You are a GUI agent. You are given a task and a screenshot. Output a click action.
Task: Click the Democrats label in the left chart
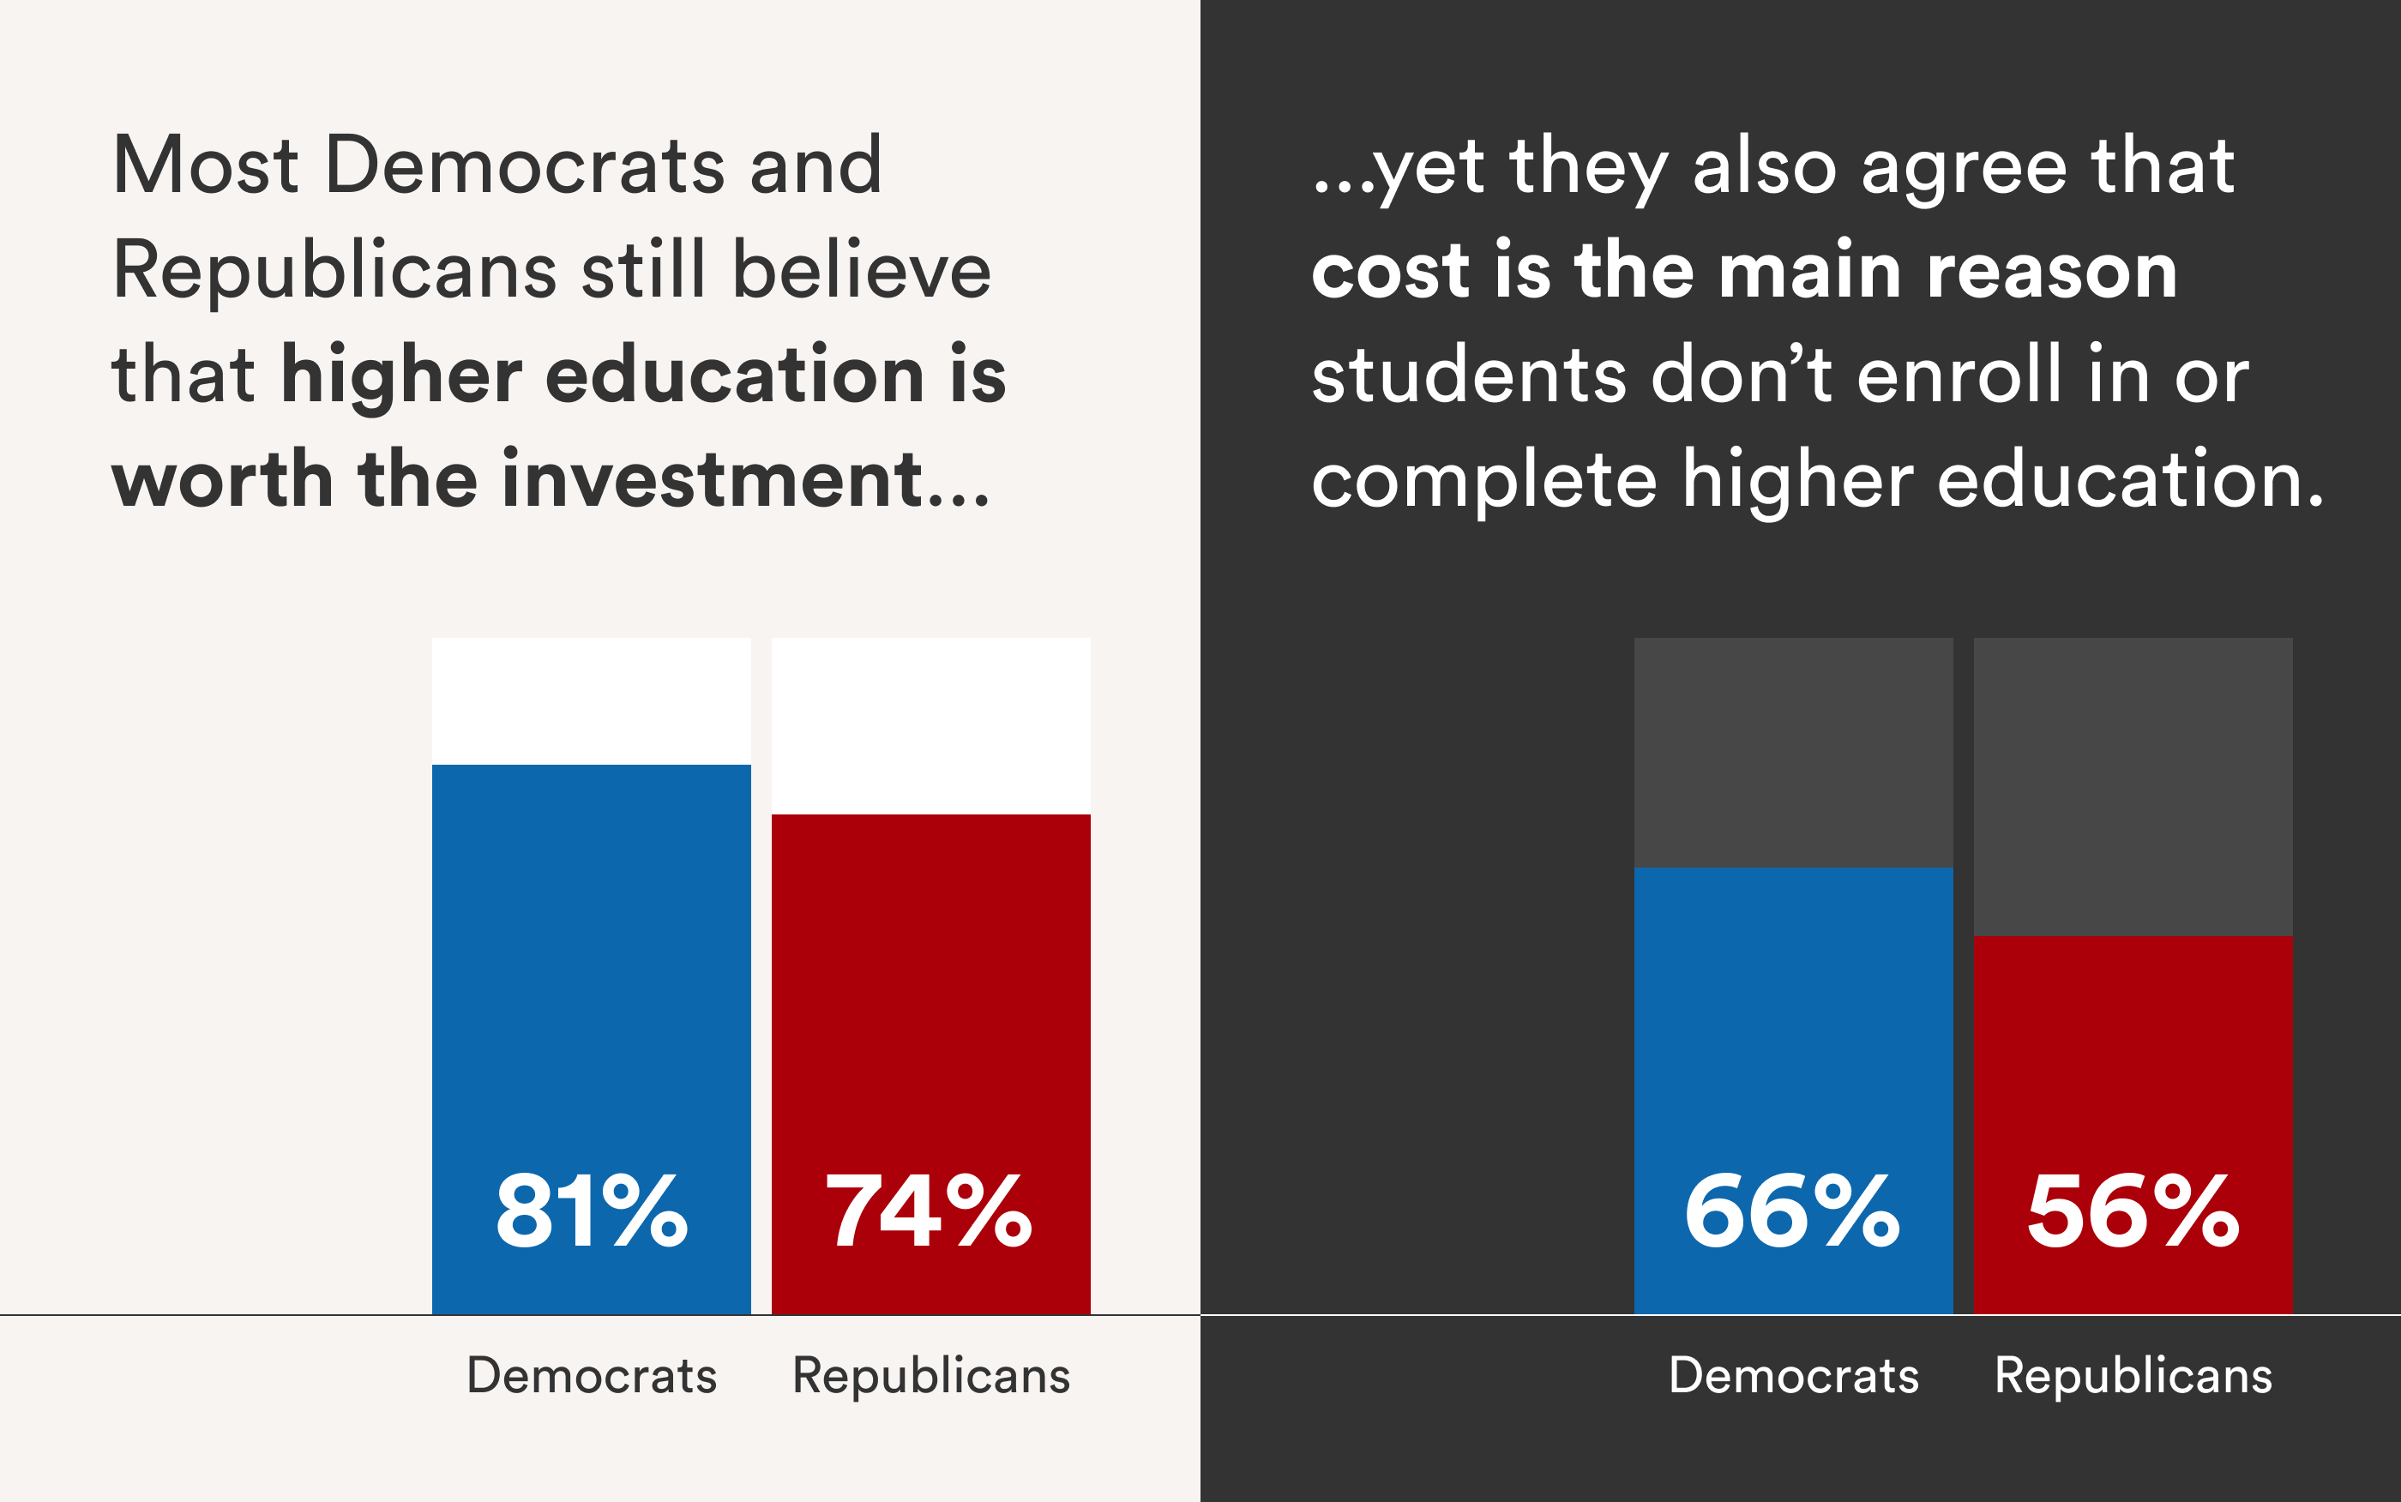click(591, 1376)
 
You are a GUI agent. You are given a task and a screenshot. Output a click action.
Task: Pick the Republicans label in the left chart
click(930, 1376)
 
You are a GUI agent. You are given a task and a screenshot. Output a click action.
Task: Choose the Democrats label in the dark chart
click(1793, 1376)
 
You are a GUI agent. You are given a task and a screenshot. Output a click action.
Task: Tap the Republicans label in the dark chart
click(2133, 1376)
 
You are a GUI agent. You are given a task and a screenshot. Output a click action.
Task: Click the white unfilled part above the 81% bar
click(591, 700)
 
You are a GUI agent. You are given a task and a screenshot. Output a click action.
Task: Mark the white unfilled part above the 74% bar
click(930, 725)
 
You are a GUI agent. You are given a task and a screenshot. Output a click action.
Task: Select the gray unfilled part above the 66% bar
click(1793, 752)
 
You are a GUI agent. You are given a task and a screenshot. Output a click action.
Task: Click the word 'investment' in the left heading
click(711, 479)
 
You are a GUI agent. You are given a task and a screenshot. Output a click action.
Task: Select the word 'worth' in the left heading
click(221, 480)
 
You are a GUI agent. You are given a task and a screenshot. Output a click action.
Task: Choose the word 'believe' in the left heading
click(861, 270)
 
